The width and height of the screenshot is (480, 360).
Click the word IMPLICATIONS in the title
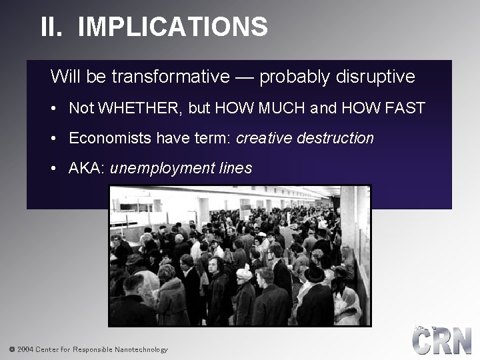click(x=173, y=27)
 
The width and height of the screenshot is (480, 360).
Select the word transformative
click(x=170, y=77)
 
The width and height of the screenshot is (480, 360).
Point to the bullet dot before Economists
click(x=53, y=139)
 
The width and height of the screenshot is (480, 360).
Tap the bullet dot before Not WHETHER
click(x=53, y=109)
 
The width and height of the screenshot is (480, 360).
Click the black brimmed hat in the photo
click(x=314, y=273)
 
